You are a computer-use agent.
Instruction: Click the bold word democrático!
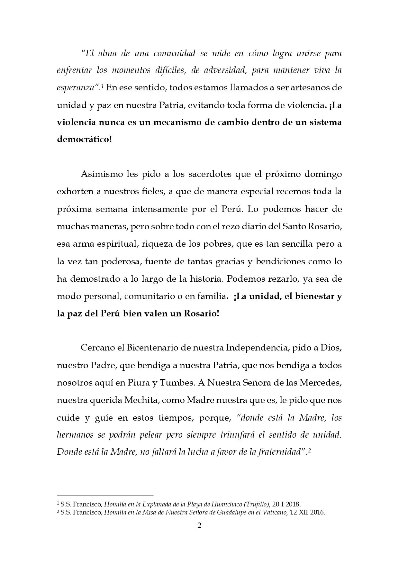point(84,140)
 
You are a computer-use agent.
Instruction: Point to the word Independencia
point(257,348)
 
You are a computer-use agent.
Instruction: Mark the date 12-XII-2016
point(307,513)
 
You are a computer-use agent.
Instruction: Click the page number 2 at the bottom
point(199,526)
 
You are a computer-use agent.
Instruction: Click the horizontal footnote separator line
point(105,496)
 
